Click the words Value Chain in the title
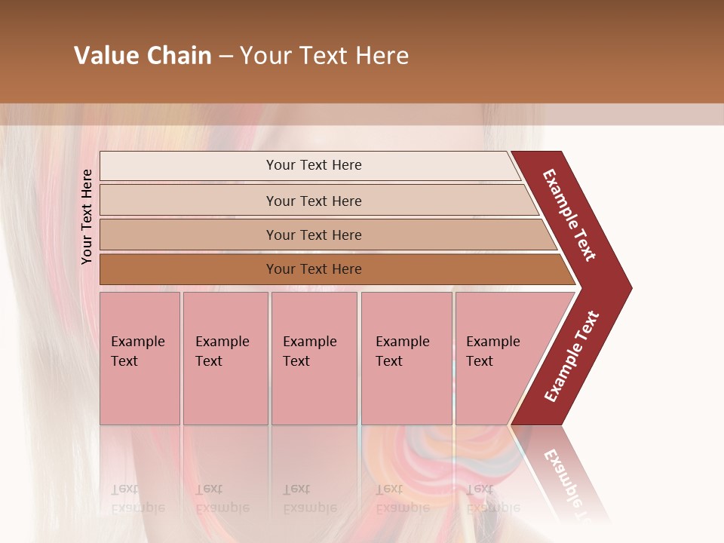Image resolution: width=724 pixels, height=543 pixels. (x=143, y=56)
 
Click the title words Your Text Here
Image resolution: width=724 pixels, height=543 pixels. (x=324, y=56)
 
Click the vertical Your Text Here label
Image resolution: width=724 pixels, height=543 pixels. (x=87, y=216)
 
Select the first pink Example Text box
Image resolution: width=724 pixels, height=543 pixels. (x=140, y=358)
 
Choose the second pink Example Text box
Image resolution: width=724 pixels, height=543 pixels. (x=225, y=358)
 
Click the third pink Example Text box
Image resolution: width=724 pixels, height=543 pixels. (x=314, y=358)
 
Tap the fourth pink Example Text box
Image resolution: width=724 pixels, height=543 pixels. (x=406, y=358)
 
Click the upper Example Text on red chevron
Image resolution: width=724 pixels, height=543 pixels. (x=569, y=215)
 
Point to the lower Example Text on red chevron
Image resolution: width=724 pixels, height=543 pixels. (x=572, y=357)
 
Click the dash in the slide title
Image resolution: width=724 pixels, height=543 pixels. (x=225, y=57)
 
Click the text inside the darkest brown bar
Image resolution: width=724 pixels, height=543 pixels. (x=314, y=269)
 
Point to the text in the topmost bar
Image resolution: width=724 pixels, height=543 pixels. (x=314, y=165)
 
